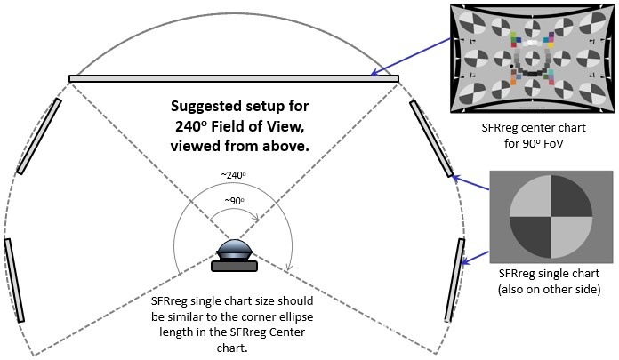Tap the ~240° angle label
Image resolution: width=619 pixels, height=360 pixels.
[234, 175]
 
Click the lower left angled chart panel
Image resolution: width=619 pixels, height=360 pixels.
[13, 279]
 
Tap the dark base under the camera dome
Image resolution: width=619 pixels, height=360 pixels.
[235, 265]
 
